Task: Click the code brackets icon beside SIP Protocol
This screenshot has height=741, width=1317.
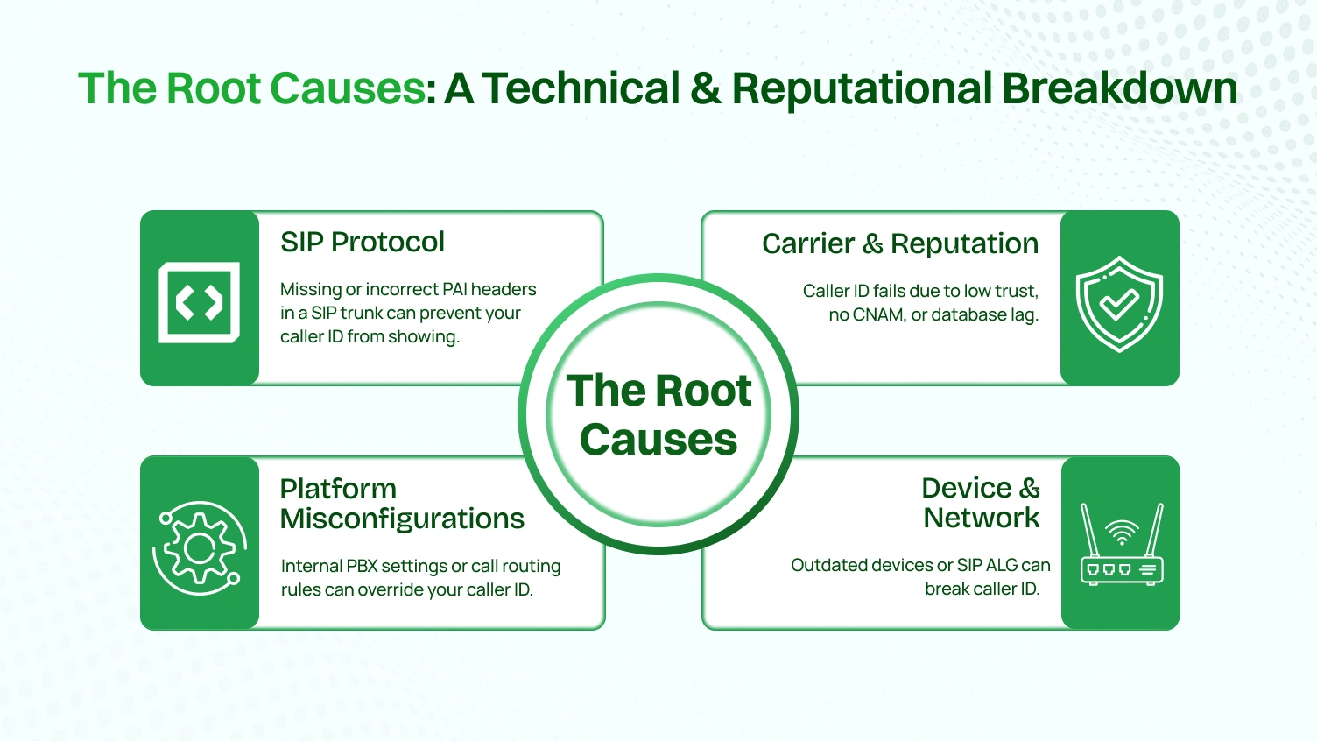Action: (200, 302)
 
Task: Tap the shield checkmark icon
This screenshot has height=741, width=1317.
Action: (1119, 304)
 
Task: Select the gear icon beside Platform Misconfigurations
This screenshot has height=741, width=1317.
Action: (200, 548)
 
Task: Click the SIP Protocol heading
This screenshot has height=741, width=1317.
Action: (363, 242)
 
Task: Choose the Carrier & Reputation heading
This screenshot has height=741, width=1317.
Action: (899, 243)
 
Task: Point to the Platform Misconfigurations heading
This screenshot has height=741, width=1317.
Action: (401, 504)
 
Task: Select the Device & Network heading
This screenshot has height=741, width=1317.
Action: (981, 503)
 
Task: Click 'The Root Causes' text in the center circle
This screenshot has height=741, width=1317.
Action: (658, 414)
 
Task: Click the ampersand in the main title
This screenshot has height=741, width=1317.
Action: (706, 88)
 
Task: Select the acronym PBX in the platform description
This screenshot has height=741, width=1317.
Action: (362, 566)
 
